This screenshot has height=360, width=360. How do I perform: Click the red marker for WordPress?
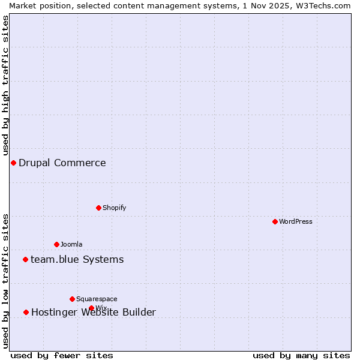[275, 221]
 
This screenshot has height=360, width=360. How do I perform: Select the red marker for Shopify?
[98, 208]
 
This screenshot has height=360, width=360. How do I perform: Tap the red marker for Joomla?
[56, 244]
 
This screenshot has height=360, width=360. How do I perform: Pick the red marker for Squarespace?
[72, 299]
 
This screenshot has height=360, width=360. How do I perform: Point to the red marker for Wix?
[91, 308]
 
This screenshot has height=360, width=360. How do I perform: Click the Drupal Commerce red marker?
[13, 163]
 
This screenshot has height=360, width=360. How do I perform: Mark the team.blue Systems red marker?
[25, 259]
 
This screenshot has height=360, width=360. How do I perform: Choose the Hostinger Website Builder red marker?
[26, 312]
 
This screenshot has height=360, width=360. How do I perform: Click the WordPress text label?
[296, 221]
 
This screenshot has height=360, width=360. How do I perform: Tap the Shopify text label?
[114, 208]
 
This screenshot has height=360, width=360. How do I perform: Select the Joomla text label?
[71, 244]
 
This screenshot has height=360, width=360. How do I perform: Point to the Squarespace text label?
[97, 299]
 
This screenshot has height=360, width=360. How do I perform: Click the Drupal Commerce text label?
[62, 163]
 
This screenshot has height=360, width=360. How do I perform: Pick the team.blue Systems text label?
[77, 259]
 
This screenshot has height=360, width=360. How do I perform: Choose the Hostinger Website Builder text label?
[93, 312]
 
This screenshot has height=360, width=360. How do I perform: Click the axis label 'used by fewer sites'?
[62, 355]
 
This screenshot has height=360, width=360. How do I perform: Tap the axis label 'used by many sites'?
[301, 355]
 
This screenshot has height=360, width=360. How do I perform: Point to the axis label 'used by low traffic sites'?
[5, 281]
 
